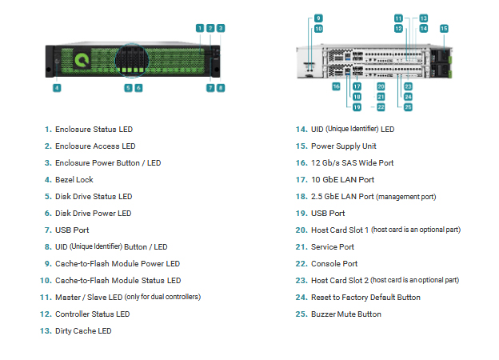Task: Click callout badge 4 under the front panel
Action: click(57, 88)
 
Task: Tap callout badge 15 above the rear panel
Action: click(444, 29)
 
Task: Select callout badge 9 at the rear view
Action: click(318, 18)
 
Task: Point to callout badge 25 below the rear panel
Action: click(408, 107)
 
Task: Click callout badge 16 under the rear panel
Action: click(336, 86)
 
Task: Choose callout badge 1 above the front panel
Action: click(200, 28)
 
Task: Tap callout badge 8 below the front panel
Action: click(221, 88)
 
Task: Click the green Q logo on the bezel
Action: click(82, 59)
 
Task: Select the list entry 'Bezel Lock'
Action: click(74, 180)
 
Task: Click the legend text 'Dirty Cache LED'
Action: click(83, 331)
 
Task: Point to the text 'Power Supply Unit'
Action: click(344, 146)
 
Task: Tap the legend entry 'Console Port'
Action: click(334, 264)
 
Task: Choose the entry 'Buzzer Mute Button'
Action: click(346, 314)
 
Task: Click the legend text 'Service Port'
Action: click(333, 247)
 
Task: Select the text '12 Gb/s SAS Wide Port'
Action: click(353, 163)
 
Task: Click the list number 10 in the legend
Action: click(46, 281)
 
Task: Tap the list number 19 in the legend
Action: click(301, 214)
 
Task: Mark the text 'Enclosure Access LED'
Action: click(95, 146)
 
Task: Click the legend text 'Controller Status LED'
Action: click(93, 314)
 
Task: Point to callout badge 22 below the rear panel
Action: click(381, 107)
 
